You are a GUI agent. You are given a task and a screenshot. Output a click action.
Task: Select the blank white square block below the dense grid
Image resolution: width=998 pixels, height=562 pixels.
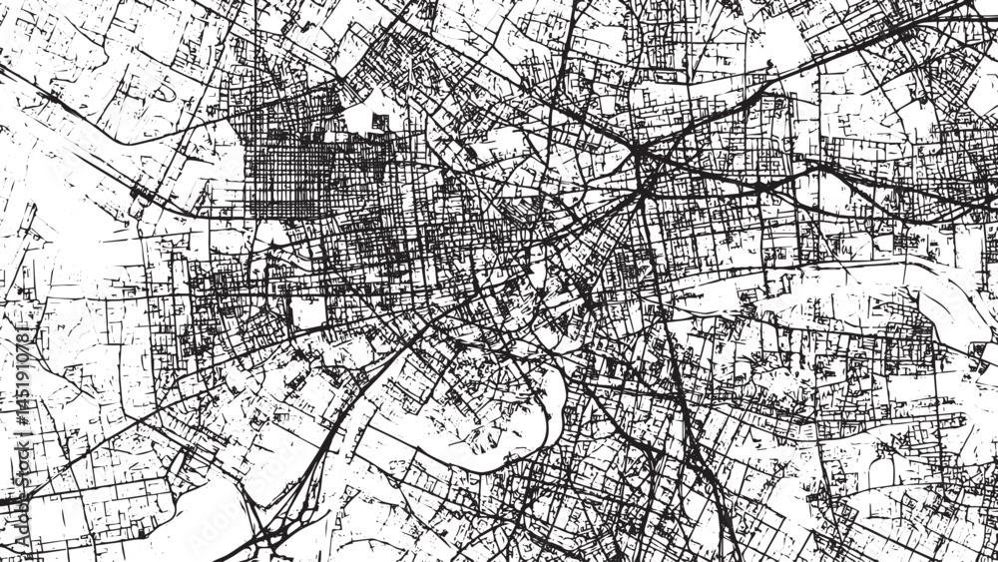[307, 312]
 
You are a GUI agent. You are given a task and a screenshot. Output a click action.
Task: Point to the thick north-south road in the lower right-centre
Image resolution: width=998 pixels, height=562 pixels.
[689, 419]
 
